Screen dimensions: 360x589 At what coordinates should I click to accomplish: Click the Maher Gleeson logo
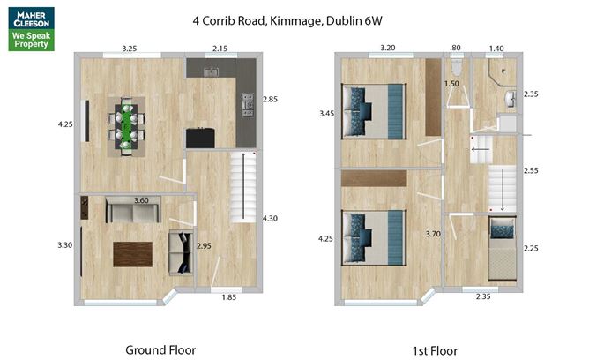(32, 28)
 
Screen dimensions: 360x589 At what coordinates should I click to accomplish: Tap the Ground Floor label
(160, 349)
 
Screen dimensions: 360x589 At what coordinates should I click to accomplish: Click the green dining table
(129, 124)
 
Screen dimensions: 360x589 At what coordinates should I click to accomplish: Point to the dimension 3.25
(130, 48)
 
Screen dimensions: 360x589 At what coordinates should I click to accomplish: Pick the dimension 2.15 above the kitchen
(220, 48)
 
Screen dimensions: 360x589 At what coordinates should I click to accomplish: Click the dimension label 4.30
(269, 218)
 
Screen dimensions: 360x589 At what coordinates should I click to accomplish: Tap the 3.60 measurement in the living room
(141, 201)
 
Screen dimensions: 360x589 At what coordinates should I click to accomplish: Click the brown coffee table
(132, 254)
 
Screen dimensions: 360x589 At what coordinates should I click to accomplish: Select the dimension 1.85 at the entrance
(229, 297)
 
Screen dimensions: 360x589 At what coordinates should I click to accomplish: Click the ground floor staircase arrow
(238, 190)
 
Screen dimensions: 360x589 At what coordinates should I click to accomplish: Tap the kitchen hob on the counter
(248, 107)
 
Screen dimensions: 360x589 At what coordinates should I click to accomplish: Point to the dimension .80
(455, 48)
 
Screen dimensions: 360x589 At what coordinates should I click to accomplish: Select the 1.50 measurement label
(451, 84)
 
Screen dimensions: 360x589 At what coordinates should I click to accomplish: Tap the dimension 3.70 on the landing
(432, 234)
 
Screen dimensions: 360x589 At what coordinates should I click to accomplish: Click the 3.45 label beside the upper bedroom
(327, 114)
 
